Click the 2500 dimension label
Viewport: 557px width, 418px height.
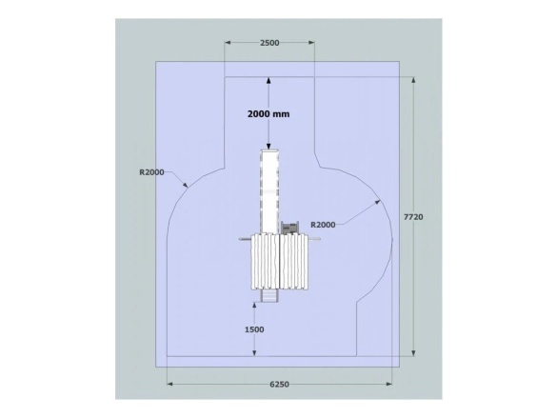pyautogui.click(x=269, y=43)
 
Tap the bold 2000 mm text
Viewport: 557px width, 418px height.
pyautogui.click(x=269, y=114)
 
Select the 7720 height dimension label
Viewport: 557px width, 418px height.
pyautogui.click(x=413, y=217)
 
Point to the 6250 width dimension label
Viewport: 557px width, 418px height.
pyautogui.click(x=280, y=385)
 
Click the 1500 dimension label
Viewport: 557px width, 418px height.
pyautogui.click(x=254, y=329)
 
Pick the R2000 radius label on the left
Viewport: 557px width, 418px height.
pyautogui.click(x=151, y=172)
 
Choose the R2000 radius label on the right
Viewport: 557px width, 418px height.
pyautogui.click(x=323, y=225)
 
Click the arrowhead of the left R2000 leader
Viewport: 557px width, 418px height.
pyautogui.click(x=185, y=185)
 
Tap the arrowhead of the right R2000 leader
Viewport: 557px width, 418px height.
pyautogui.click(x=377, y=202)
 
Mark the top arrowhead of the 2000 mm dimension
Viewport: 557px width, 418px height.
pyautogui.click(x=269, y=80)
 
